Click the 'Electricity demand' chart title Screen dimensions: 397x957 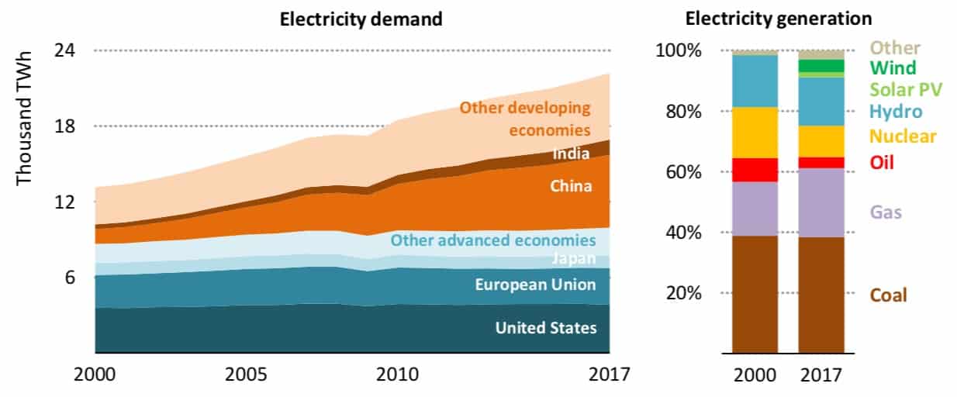361,19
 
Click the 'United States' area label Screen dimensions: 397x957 546,328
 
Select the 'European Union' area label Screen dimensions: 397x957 536,285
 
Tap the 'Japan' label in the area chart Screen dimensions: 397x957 575,259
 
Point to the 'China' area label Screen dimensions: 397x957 571,186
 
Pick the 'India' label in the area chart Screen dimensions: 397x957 571,154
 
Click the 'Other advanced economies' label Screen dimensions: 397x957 493,240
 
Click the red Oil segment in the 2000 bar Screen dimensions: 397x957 755,170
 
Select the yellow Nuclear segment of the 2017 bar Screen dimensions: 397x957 821,141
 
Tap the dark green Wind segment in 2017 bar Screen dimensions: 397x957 821,65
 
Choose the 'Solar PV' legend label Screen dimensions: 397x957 905,89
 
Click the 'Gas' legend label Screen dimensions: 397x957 886,212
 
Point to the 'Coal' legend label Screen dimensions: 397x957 888,295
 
